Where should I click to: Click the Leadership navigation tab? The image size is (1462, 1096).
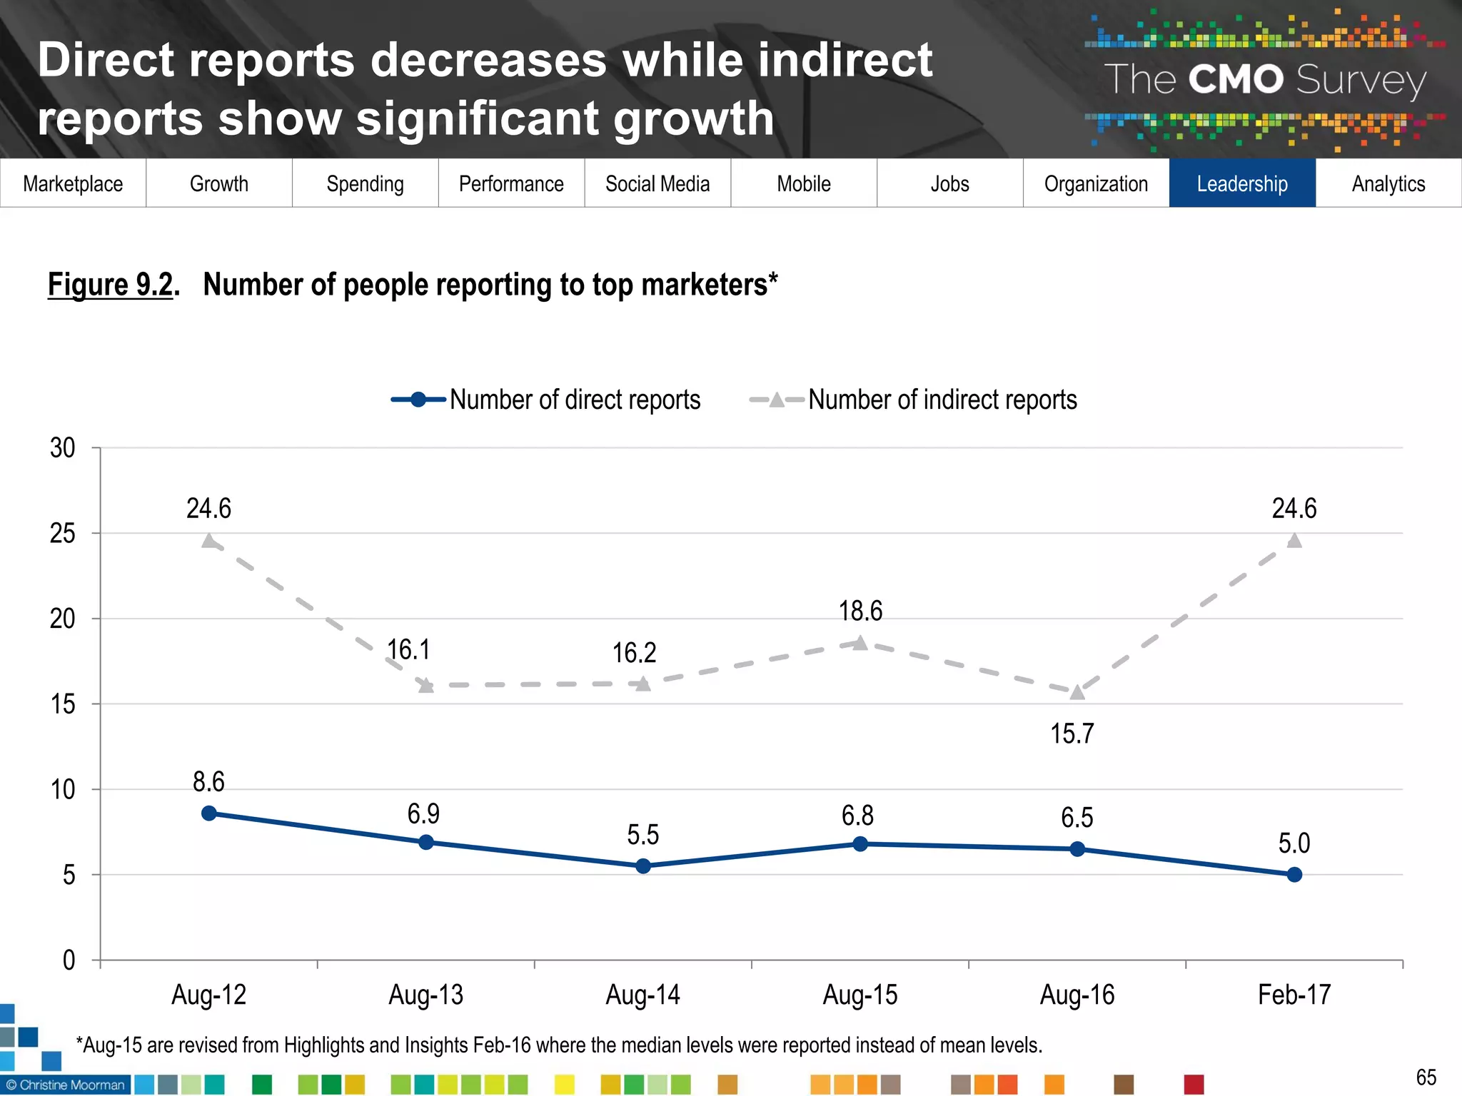[x=1241, y=183]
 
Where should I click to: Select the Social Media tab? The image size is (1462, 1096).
[x=657, y=183]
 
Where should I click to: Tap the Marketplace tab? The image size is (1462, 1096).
[x=73, y=183]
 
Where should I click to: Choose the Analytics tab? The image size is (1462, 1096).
[x=1388, y=183]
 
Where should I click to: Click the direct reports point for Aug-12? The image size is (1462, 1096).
[x=209, y=813]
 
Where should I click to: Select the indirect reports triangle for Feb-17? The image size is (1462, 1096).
[x=1294, y=541]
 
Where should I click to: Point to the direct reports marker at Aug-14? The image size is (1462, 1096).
[x=643, y=866]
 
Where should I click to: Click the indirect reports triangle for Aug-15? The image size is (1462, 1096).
[x=860, y=644]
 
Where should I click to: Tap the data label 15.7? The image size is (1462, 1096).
[x=1072, y=734]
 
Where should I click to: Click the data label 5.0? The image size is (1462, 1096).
[x=1294, y=843]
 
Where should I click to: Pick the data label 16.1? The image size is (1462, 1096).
[x=408, y=650]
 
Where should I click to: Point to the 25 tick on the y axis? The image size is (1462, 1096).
[x=63, y=534]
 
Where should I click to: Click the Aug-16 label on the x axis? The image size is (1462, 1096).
[x=1077, y=995]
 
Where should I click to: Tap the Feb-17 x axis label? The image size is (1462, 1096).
[x=1294, y=995]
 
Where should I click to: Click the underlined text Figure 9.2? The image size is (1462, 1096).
[x=111, y=285]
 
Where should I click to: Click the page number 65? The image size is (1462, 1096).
[x=1426, y=1077]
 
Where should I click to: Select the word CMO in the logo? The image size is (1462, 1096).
[x=1236, y=79]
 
